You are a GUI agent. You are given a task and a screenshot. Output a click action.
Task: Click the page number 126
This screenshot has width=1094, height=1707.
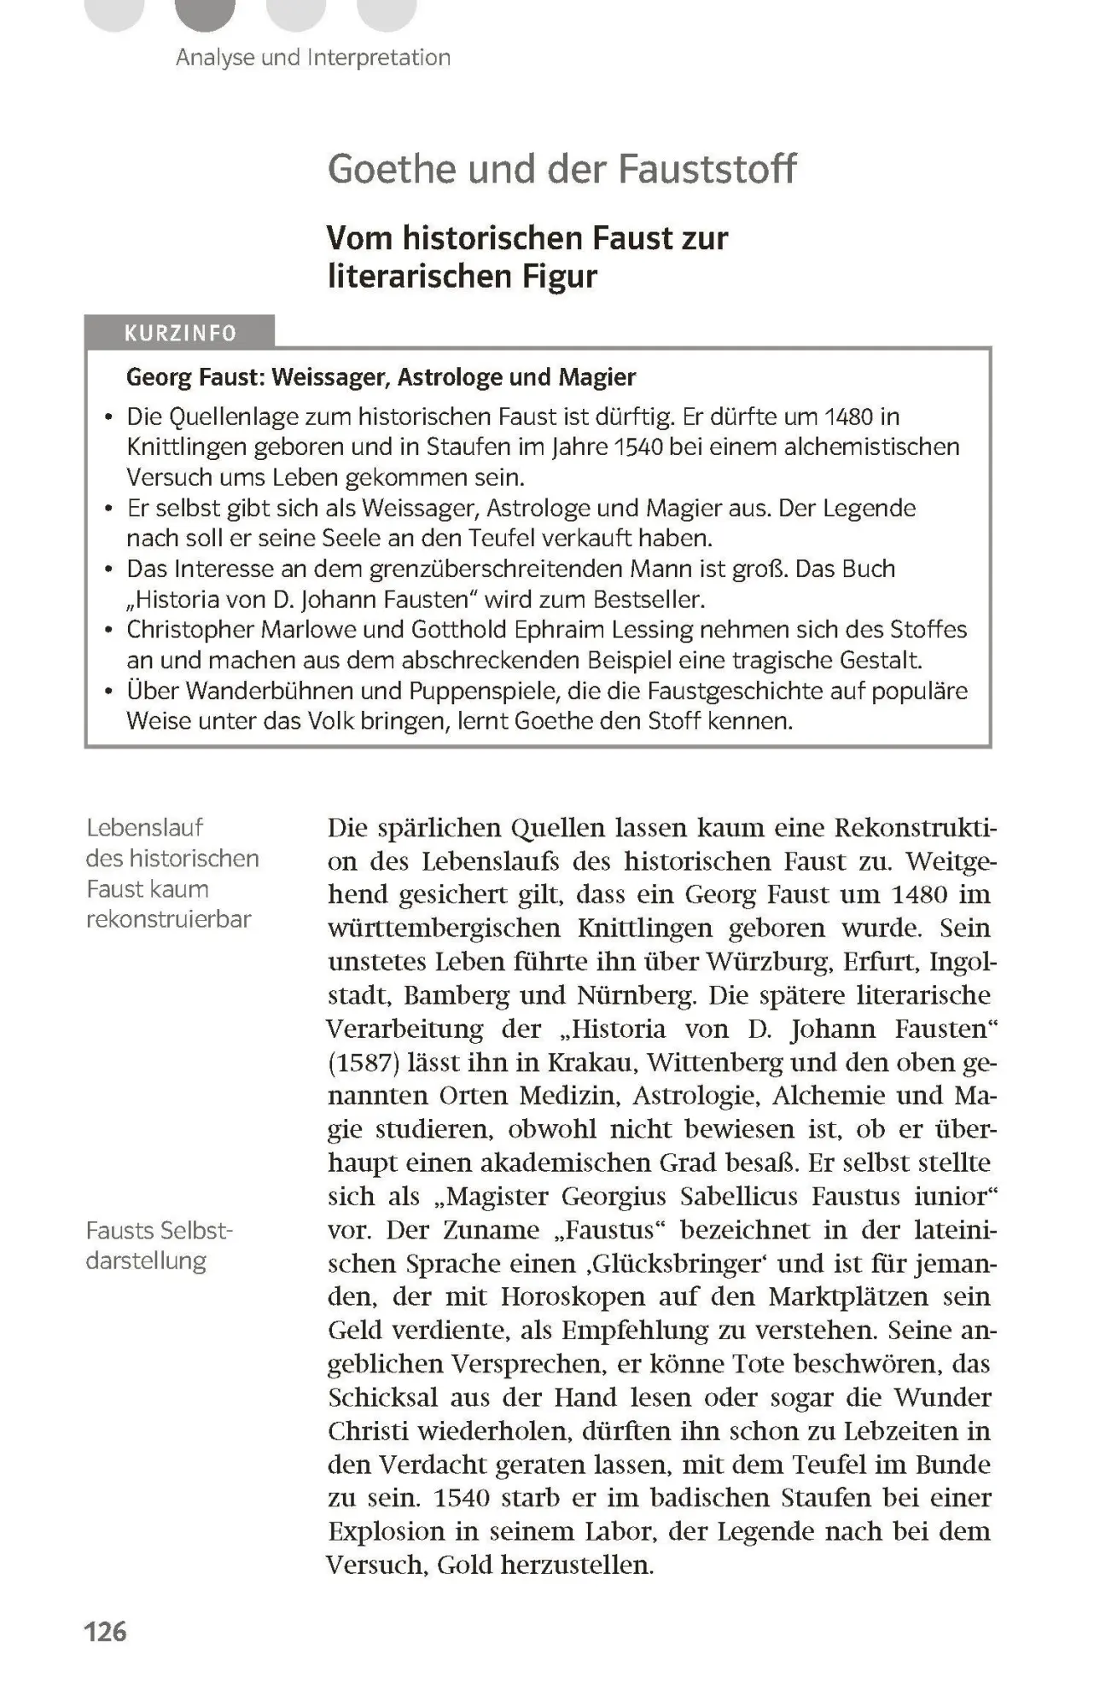coord(105,1631)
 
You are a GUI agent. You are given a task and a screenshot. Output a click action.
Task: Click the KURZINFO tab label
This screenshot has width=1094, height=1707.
coord(180,333)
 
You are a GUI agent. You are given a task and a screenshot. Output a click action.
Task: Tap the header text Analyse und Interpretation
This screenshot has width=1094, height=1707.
coord(313,58)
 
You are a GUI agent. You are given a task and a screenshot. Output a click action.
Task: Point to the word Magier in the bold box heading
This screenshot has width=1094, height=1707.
coord(597,376)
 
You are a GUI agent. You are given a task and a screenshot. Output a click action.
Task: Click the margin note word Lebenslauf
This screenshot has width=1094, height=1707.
coord(145,827)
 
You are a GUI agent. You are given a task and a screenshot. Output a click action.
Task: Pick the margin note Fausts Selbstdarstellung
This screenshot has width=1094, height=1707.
coord(159,1245)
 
